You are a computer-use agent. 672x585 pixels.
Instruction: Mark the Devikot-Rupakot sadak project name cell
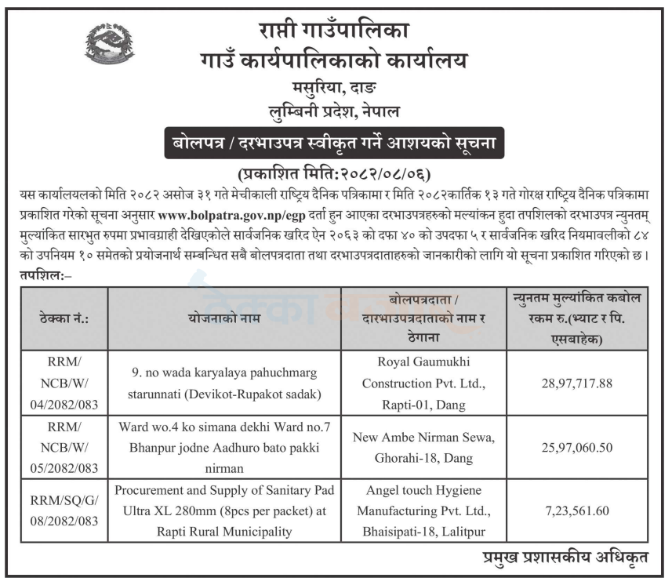pyautogui.click(x=224, y=383)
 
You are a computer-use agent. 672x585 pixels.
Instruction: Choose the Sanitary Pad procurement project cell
pyautogui.click(x=224, y=511)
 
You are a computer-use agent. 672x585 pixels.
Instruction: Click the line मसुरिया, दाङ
pyautogui.click(x=336, y=88)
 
